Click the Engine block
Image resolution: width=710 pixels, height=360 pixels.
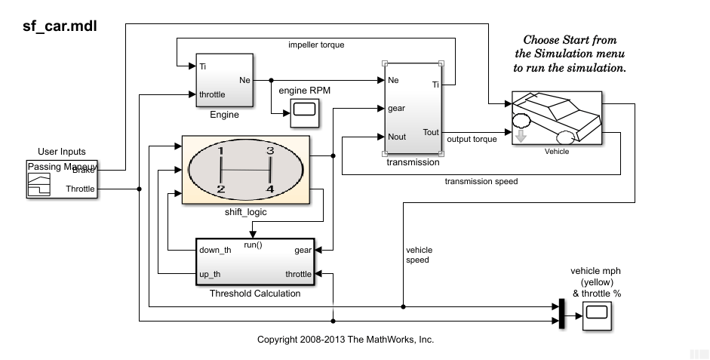224,81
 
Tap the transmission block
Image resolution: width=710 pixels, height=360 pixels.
413,109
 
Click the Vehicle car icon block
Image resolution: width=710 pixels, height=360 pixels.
557,117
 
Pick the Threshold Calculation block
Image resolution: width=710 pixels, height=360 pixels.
255,262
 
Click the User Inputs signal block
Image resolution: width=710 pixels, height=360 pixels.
62,180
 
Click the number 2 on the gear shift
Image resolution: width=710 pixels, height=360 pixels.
220,189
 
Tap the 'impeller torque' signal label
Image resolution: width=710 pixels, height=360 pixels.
316,45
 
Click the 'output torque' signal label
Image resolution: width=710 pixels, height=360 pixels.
472,139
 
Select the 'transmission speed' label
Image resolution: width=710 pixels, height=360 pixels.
481,181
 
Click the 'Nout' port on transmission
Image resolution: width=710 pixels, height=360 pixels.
397,137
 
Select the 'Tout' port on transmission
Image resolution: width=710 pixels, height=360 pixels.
431,132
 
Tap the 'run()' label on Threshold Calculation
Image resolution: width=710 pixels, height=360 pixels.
254,245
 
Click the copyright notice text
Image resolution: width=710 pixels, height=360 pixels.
346,340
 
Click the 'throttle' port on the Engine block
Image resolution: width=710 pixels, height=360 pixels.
214,94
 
